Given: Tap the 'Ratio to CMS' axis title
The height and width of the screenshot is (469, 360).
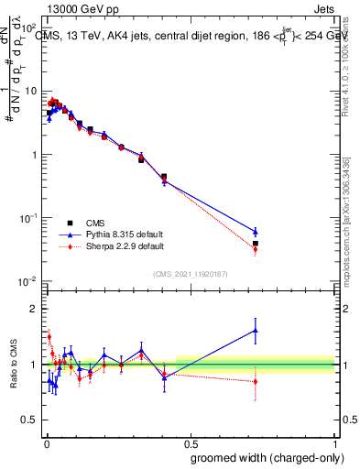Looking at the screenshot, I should click(13, 365).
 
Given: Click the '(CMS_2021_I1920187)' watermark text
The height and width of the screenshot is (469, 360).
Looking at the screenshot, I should click(190, 274).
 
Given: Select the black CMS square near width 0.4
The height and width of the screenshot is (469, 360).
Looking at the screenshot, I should click(164, 177).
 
